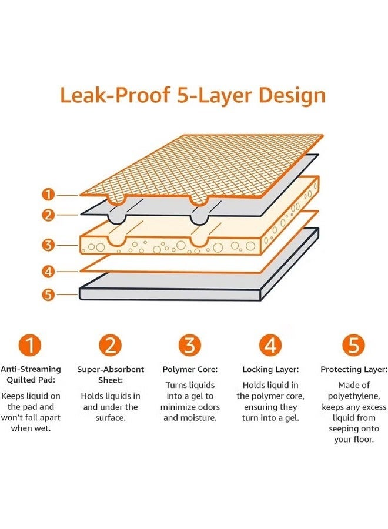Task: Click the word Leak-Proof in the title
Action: pyautogui.click(x=115, y=95)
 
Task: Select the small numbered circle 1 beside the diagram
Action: pyautogui.click(x=49, y=195)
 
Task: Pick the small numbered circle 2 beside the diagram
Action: pyautogui.click(x=49, y=215)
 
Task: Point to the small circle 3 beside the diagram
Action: pyautogui.click(x=49, y=245)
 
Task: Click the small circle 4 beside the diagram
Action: pyautogui.click(x=49, y=271)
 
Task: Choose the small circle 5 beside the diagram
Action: pyautogui.click(x=49, y=294)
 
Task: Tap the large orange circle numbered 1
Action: pyautogui.click(x=30, y=345)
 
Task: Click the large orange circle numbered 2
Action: pyautogui.click(x=111, y=345)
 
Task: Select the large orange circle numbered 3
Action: pyautogui.click(x=190, y=345)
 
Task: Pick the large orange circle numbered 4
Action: pyautogui.click(x=270, y=345)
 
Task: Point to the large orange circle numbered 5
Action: pyautogui.click(x=353, y=345)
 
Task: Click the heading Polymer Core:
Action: pyautogui.click(x=190, y=370)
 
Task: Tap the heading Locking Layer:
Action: pyautogui.click(x=270, y=370)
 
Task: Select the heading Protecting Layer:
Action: pyautogui.click(x=354, y=370)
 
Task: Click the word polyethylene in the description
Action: pyautogui.click(x=354, y=396)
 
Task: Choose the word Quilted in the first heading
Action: pyautogui.click(x=22, y=380)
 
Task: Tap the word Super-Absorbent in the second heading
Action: pyautogui.click(x=111, y=370)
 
